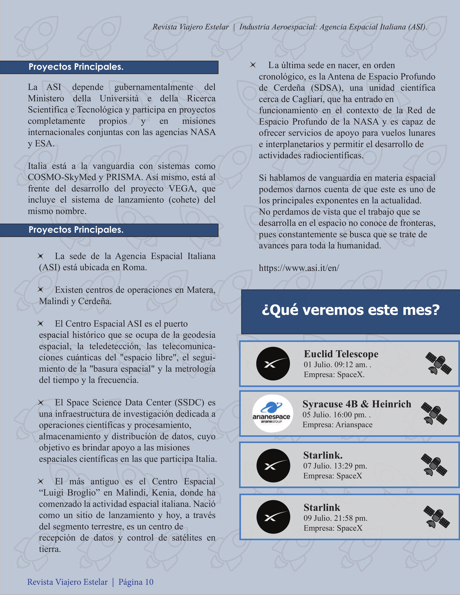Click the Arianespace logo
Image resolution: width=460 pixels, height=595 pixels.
[x=272, y=413]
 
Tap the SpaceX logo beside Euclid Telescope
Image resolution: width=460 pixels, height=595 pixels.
[x=273, y=363]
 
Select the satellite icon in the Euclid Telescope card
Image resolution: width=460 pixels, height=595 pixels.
[x=438, y=363]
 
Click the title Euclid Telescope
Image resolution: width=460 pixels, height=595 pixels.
[x=341, y=354]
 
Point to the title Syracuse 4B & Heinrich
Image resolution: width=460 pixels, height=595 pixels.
[x=357, y=404]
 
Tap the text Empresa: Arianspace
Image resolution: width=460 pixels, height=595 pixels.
[x=337, y=424]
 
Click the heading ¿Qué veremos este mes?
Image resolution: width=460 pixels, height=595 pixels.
[x=350, y=310]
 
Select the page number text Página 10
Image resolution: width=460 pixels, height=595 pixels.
[x=136, y=582]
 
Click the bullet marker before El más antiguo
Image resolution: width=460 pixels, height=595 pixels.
[x=41, y=481]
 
